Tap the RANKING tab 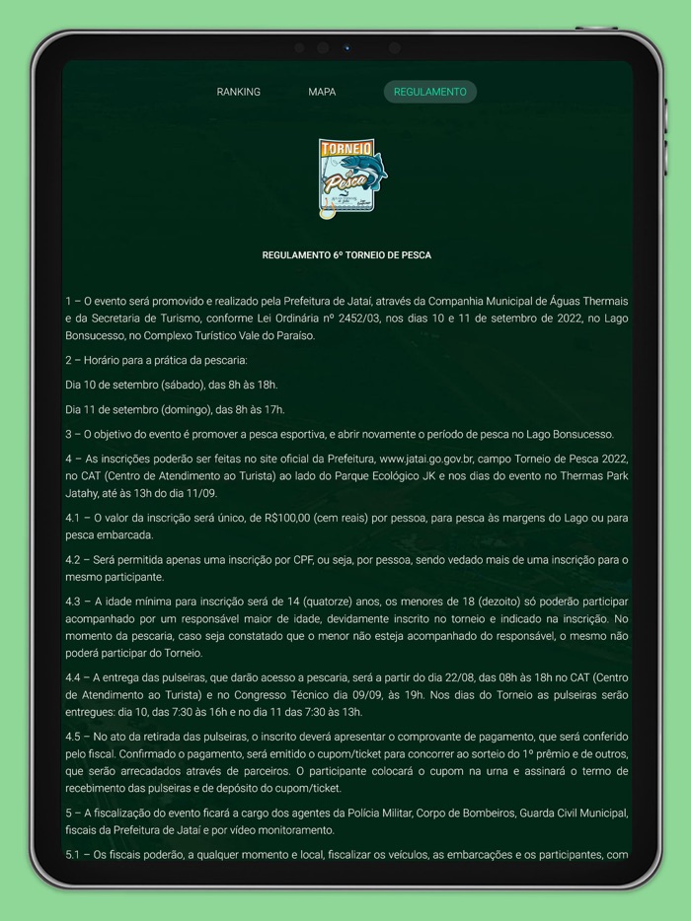(x=238, y=92)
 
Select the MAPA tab (x=322, y=92)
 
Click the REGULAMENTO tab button (x=429, y=92)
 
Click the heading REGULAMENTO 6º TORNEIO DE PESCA (x=346, y=255)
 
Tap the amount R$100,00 (x=295, y=518)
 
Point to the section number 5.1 (x=75, y=855)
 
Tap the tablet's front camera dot (x=346, y=47)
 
